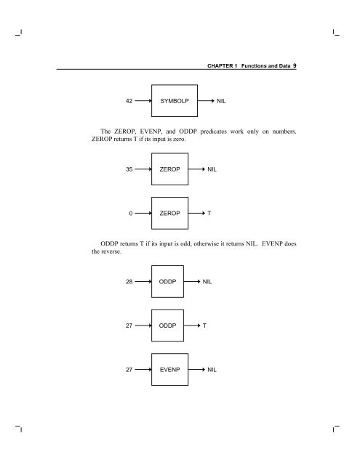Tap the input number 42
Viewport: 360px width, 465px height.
129,101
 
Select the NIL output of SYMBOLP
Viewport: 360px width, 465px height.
221,101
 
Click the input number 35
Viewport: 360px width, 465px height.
129,169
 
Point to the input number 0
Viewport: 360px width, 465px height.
131,213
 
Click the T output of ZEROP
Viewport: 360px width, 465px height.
209,213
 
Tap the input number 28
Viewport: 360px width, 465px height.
129,282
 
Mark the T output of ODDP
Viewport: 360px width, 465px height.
204,325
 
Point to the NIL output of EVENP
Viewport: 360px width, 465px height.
212,370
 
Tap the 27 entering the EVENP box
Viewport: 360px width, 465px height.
129,370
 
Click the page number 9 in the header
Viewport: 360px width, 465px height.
295,65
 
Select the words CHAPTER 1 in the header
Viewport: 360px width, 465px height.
223,66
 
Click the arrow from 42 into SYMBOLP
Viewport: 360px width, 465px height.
143,101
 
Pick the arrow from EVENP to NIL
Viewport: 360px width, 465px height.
197,370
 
